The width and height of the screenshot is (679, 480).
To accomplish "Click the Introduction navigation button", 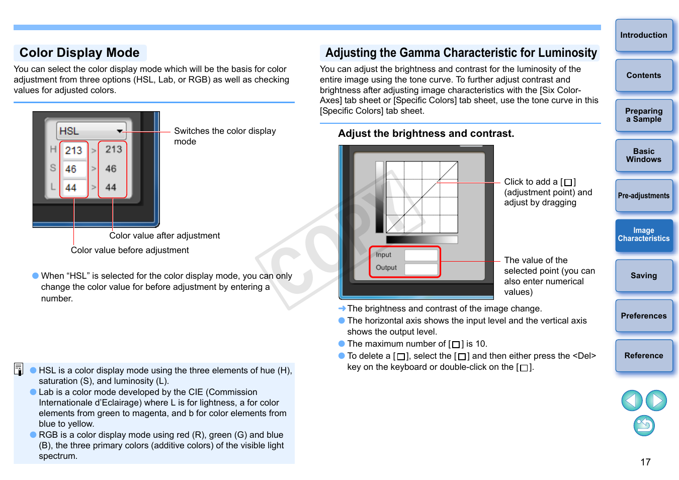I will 644,35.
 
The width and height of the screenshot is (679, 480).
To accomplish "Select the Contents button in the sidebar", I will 644,75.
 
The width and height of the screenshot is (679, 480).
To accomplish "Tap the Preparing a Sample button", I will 644,115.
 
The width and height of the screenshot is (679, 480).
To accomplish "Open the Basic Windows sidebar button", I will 644,155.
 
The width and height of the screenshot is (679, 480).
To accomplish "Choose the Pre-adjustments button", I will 644,196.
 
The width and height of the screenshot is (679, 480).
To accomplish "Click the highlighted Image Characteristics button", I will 644,235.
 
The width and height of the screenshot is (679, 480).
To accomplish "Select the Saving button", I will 644,276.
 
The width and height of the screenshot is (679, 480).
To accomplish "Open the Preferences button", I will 644,316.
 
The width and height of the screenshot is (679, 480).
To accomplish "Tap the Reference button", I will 644,356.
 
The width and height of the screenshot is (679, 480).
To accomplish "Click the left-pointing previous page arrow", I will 632,401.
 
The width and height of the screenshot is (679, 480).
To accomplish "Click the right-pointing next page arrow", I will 656,401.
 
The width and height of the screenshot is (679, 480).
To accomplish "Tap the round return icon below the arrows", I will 644,426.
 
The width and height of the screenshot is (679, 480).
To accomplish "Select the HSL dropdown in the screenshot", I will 91,131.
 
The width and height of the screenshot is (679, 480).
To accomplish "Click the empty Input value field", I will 421,255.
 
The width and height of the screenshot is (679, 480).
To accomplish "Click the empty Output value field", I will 421,268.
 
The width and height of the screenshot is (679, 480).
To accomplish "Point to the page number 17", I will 646,462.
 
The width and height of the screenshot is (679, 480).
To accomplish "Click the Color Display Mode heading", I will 79,53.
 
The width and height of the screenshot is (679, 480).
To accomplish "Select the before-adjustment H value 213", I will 74,150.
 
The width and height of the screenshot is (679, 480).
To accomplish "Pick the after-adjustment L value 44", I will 111,188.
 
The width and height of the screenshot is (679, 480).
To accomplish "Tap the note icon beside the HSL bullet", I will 19,369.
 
